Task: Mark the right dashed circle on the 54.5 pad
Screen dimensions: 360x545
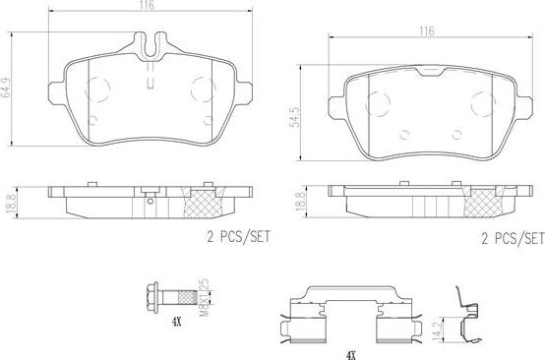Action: [481, 102]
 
